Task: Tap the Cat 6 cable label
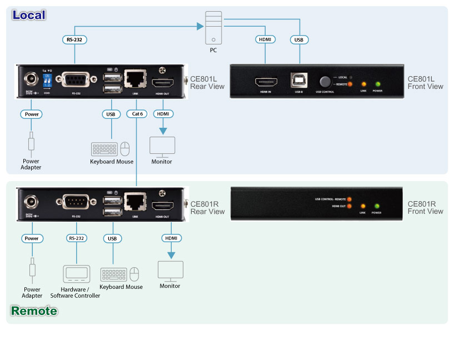pyautogui.click(x=137, y=114)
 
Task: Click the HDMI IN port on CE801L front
pyautogui.click(x=266, y=82)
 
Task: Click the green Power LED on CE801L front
pyautogui.click(x=378, y=84)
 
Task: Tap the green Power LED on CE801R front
pyautogui.click(x=376, y=206)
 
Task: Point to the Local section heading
pyautogui.click(x=29, y=15)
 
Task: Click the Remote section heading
pyautogui.click(x=34, y=311)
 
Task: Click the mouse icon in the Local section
pyautogui.click(x=125, y=149)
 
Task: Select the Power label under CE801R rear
pyautogui.click(x=32, y=238)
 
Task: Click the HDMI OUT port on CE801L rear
pyautogui.click(x=163, y=84)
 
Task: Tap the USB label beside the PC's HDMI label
pyautogui.click(x=300, y=40)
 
